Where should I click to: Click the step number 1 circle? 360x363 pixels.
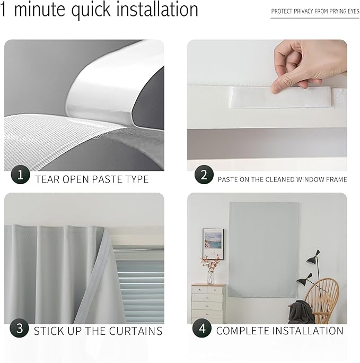[x=20, y=175]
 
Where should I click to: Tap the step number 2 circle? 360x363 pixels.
[x=204, y=175]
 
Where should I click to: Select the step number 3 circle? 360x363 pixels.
[x=20, y=329]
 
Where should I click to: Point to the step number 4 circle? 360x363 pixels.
[x=201, y=329]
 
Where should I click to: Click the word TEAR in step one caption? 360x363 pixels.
[x=47, y=179]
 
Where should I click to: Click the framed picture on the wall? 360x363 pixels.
[x=213, y=244]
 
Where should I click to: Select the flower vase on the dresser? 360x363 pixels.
[x=210, y=271]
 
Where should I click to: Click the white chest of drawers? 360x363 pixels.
[x=208, y=304]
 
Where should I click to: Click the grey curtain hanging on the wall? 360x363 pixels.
[x=264, y=249]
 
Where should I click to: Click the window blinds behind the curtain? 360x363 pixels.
[x=139, y=287]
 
